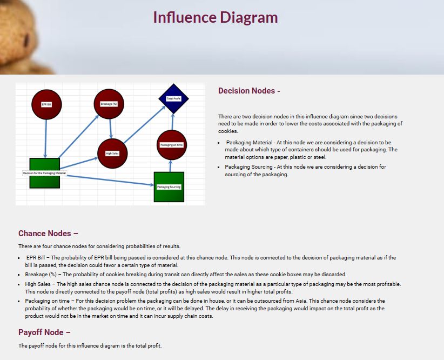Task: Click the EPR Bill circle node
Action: pos(46,104)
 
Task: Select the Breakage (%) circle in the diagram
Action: pos(109,103)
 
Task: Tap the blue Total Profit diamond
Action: pos(173,98)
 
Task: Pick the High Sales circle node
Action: pos(112,154)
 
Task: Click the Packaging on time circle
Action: pos(171,145)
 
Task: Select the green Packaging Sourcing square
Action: pos(169,186)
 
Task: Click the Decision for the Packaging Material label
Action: pos(44,173)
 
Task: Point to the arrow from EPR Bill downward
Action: pos(46,138)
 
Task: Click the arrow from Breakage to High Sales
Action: pos(110,129)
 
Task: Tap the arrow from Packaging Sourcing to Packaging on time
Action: pos(171,166)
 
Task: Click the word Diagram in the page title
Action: pos(247,17)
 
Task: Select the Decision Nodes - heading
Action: pos(249,91)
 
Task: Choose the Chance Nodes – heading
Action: pos(48,234)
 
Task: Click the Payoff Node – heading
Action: pos(44,332)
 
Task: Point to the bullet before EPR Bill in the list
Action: pos(20,258)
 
